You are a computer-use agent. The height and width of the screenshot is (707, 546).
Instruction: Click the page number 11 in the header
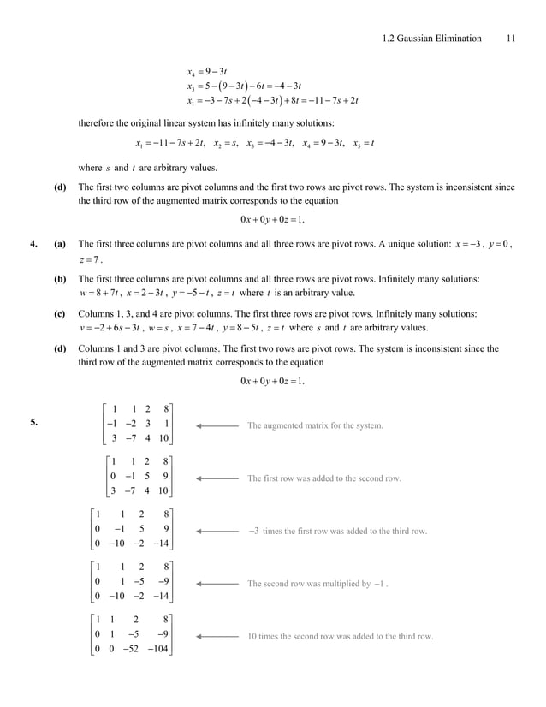pyautogui.click(x=511, y=39)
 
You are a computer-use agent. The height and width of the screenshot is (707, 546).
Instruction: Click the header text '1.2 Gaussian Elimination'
pyautogui.click(x=432, y=39)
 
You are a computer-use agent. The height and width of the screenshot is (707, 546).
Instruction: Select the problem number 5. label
pyautogui.click(x=34, y=421)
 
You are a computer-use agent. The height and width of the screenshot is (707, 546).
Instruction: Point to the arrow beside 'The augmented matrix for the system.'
pyautogui.click(x=217, y=425)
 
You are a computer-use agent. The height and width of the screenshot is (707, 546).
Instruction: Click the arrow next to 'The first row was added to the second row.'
pyautogui.click(x=217, y=478)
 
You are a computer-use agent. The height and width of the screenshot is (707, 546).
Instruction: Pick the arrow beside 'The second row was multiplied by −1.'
pyautogui.click(x=217, y=584)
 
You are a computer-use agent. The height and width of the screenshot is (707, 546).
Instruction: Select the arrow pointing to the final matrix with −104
pyautogui.click(x=217, y=637)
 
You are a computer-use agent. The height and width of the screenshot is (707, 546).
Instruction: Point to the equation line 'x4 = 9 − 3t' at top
pyautogui.click(x=206, y=71)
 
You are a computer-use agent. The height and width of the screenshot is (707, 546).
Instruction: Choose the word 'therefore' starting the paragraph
pyautogui.click(x=97, y=123)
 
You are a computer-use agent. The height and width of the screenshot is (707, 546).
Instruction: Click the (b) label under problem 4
pyautogui.click(x=60, y=279)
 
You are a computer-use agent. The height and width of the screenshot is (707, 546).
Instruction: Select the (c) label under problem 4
pyautogui.click(x=60, y=314)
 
